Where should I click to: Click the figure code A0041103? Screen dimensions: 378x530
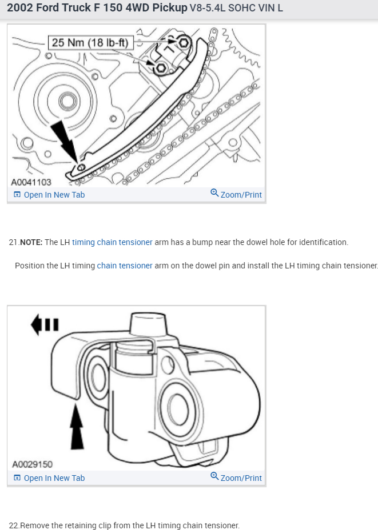tap(31, 182)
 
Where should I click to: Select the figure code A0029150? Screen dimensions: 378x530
tap(32, 464)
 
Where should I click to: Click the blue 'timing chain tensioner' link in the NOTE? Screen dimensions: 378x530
tap(112, 242)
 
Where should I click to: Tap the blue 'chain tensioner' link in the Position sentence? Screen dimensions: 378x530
tap(125, 266)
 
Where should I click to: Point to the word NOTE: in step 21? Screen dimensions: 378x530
tap(31, 242)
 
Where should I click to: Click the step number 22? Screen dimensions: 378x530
tap(14, 525)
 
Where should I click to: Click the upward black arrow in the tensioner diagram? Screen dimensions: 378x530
tap(76, 426)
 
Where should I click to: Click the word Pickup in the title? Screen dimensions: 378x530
tap(169, 8)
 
